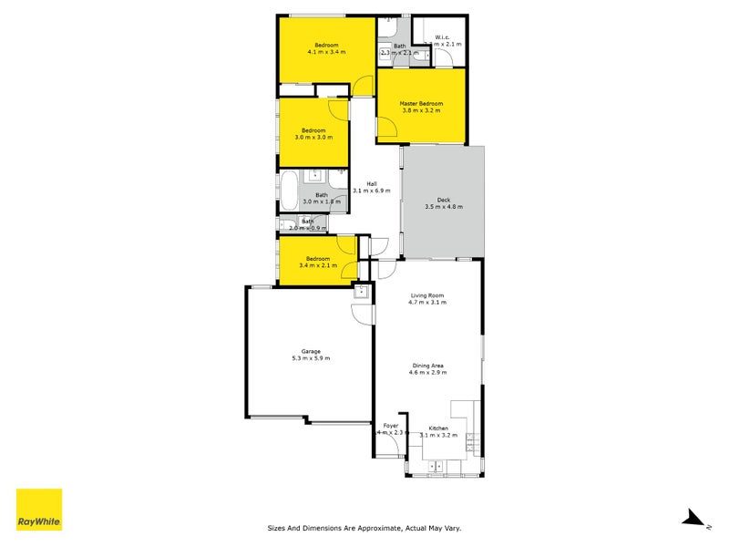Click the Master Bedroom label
coord(420,103)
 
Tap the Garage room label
coord(312,351)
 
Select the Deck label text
coord(444,200)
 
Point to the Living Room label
coord(427,295)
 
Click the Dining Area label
coord(426,366)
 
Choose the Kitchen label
coord(439,428)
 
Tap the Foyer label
coord(391,426)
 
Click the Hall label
coord(372,183)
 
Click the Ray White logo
coord(39,510)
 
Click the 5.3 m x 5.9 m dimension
coord(312,359)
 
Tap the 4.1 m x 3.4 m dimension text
coord(326,53)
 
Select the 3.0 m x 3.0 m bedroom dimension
coord(313,138)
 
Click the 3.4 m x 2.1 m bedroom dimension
coord(318,265)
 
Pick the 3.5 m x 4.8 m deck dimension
coord(444,207)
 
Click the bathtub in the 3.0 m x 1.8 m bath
coord(289,191)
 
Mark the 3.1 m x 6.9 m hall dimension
coord(372,191)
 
